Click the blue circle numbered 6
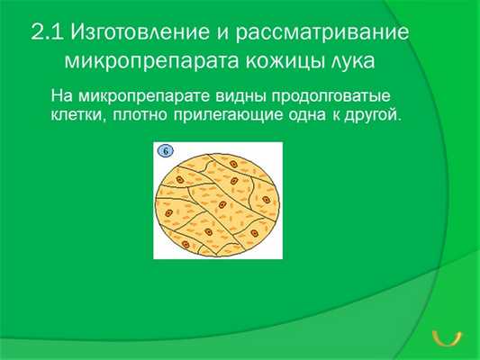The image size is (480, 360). (167, 151)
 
